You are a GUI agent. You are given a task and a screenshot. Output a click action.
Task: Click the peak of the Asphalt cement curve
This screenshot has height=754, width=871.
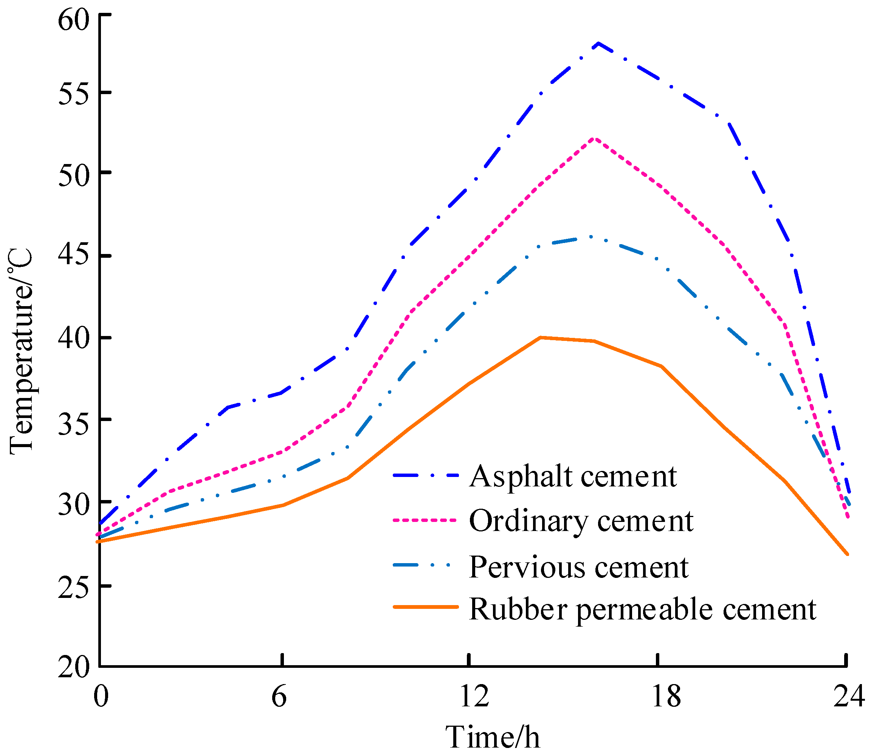(x=598, y=43)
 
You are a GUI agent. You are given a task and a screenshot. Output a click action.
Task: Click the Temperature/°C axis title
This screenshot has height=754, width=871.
(x=21, y=351)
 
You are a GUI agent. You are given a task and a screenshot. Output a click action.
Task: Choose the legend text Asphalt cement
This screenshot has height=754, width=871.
(x=573, y=476)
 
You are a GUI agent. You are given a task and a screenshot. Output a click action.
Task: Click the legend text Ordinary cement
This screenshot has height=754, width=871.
(x=581, y=521)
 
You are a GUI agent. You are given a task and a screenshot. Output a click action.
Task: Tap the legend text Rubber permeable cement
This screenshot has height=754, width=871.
(x=643, y=609)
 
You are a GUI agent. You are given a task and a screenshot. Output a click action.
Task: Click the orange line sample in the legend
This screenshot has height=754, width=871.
(x=425, y=607)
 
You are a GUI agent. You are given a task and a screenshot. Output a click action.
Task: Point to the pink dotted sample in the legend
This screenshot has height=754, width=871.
(x=425, y=520)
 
